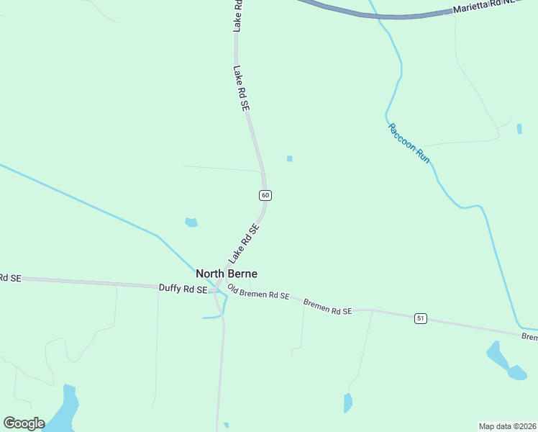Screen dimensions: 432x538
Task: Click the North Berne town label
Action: point(227,274)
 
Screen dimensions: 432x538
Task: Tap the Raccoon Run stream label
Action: point(409,143)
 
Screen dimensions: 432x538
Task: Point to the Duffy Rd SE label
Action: point(183,288)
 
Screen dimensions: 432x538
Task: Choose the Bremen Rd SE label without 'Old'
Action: point(327,307)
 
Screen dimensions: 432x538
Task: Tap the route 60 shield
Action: point(265,195)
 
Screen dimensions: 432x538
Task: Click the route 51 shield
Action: point(421,318)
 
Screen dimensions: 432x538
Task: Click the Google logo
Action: point(24,423)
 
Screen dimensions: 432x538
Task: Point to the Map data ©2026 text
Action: point(507,426)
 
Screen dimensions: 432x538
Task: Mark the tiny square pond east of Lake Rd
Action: point(290,159)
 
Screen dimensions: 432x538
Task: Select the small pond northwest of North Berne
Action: point(191,222)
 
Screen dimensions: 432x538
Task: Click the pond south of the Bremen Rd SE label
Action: point(348,403)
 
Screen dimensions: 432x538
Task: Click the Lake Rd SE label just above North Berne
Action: point(243,244)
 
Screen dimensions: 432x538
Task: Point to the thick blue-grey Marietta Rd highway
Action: point(374,14)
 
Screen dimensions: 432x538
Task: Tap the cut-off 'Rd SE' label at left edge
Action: point(10,278)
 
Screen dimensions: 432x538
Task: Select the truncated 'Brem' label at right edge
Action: point(529,336)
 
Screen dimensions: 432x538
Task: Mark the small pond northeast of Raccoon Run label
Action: point(519,129)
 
